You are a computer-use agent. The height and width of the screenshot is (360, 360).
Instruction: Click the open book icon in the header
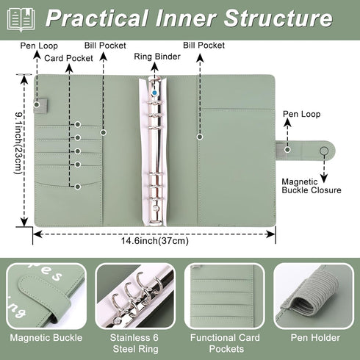pyautogui.click(x=21, y=19)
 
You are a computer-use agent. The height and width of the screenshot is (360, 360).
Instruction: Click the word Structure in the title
pyautogui.click(x=278, y=18)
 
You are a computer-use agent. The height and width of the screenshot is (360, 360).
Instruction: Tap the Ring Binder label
pyautogui.click(x=157, y=57)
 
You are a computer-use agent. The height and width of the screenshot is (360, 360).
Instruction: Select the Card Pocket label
pyautogui.click(x=68, y=58)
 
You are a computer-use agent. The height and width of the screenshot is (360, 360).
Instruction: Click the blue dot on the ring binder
pyautogui.click(x=154, y=93)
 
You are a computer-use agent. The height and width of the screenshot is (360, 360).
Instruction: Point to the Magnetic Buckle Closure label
pyautogui.click(x=312, y=186)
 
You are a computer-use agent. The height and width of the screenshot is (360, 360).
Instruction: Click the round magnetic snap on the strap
pyautogui.click(x=324, y=151)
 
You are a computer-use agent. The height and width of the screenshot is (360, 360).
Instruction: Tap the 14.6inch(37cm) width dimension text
pyautogui.click(x=155, y=241)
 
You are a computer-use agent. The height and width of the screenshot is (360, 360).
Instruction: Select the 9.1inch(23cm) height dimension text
pyautogui.click(x=18, y=143)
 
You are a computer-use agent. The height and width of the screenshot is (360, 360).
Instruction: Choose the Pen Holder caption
pyautogui.click(x=315, y=338)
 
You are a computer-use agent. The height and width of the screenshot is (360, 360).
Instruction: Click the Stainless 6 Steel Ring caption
pyautogui.click(x=134, y=343)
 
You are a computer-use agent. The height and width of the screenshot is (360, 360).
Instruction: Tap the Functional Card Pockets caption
pyautogui.click(x=225, y=343)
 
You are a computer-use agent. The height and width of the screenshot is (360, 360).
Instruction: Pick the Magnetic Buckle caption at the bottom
pyautogui.click(x=46, y=338)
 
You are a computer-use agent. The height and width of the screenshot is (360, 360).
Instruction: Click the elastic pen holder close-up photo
pyautogui.click(x=314, y=296)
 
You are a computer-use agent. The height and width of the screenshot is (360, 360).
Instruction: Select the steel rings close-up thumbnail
pyautogui.click(x=135, y=296)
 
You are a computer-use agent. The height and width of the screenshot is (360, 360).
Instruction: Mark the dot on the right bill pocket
pyautogui.click(x=200, y=137)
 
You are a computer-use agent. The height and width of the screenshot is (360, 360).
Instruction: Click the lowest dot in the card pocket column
pyautogui.click(x=78, y=187)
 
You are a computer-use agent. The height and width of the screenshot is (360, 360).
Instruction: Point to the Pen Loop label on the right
pyautogui.click(x=301, y=114)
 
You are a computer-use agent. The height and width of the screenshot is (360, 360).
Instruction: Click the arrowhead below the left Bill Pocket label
pyautogui.click(x=104, y=57)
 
